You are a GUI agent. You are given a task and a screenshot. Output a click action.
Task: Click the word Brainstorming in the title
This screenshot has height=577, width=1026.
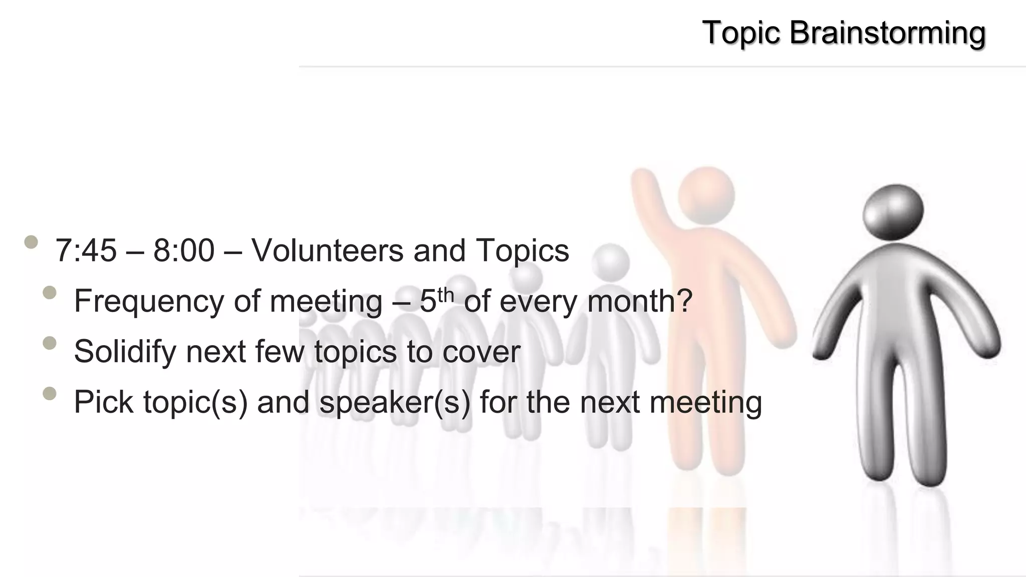pos(887,33)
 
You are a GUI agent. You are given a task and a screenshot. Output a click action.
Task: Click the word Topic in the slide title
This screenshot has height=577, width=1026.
pos(741,33)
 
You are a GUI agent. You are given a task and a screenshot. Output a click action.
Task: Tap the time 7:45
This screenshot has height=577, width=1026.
pos(86,250)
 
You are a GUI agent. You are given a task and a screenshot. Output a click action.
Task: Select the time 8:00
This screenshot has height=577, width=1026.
pos(184,250)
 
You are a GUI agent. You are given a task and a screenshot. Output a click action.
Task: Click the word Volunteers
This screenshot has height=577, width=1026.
pos(327,250)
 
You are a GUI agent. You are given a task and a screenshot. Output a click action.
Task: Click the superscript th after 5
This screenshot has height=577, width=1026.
pos(445,295)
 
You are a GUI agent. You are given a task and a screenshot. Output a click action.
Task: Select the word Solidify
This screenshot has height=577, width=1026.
pos(125,352)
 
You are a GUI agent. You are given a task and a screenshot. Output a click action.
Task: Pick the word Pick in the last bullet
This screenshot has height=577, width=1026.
pos(104,402)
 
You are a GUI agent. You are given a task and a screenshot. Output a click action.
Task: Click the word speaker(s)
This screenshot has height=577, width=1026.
pos(395,402)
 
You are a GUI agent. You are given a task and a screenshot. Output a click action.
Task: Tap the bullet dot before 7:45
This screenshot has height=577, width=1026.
pos(31,242)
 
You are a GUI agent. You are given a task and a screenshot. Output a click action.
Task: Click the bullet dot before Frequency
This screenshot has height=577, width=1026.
pos(50,293)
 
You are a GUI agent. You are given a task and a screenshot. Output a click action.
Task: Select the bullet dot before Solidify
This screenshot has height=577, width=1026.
pos(50,343)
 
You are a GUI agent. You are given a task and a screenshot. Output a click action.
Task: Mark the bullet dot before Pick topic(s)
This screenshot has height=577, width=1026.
pos(50,394)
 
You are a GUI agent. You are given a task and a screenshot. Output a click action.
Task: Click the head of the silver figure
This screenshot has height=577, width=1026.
pos(892,213)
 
